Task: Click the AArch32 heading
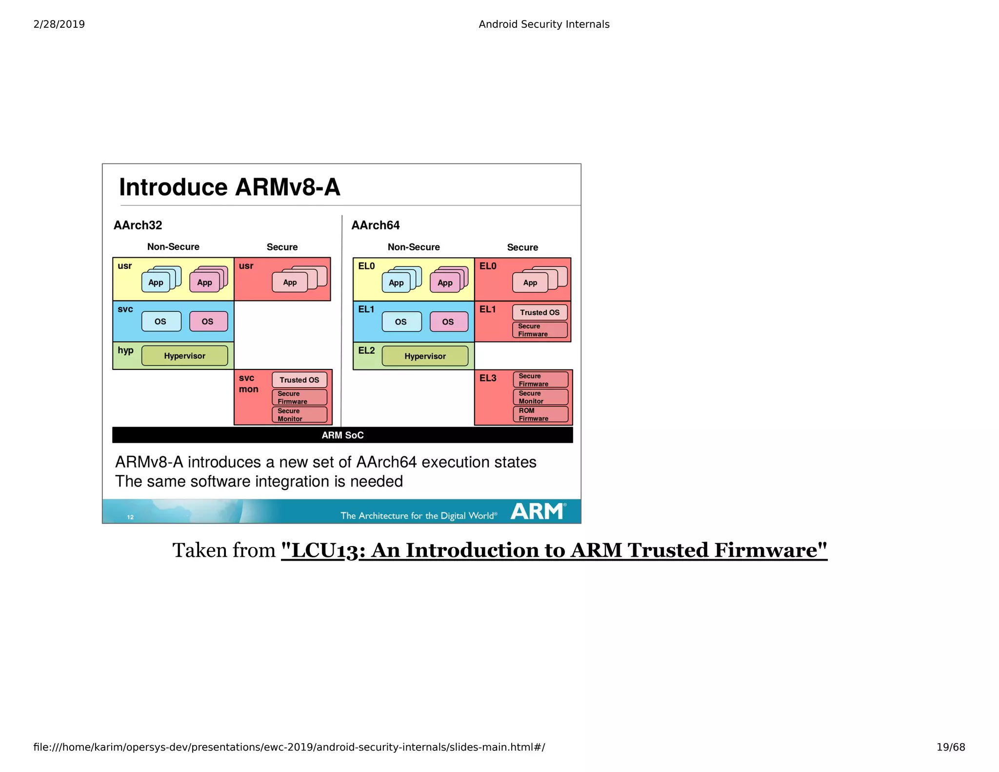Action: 138,225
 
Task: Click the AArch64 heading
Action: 375,225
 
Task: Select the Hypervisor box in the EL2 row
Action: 424,356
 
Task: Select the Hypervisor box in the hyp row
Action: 184,356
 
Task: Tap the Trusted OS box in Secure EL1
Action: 539,312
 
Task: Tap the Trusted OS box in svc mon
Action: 299,380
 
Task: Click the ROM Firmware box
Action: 540,414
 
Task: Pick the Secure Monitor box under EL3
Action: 540,397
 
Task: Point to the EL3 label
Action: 488,378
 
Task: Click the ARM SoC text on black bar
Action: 342,435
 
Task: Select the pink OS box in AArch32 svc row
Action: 208,322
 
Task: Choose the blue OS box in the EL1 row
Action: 401,322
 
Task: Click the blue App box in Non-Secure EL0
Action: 396,283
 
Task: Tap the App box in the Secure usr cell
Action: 290,282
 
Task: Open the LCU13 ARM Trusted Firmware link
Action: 554,550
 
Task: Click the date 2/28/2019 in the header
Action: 59,24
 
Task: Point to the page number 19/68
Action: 950,747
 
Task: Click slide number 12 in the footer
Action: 130,517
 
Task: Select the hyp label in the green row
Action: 125,350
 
